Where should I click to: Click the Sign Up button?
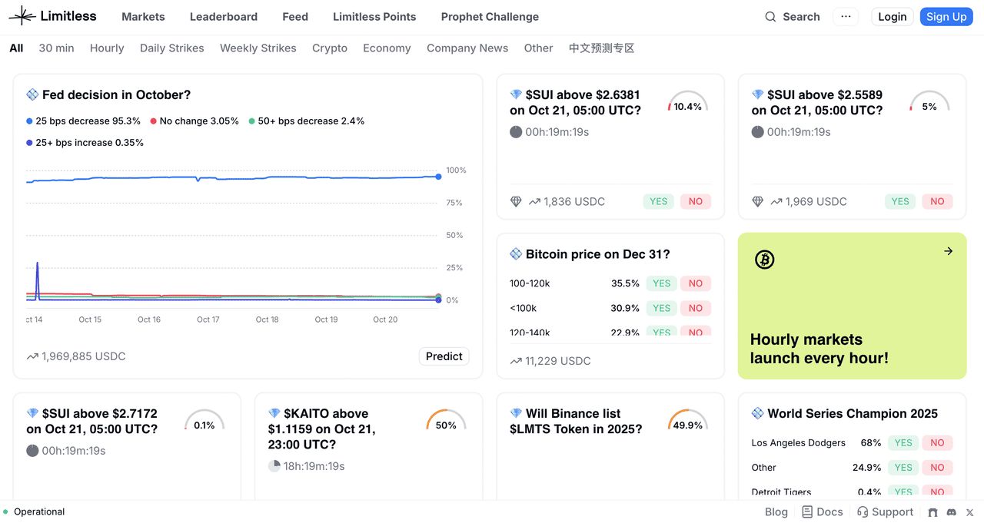946,17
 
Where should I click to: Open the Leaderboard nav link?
224,17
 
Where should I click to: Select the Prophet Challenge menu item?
490,17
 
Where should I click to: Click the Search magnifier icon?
770,17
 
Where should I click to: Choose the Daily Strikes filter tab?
172,48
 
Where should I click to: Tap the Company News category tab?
467,48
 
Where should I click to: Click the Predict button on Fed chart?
444,356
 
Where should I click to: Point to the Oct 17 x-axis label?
208,319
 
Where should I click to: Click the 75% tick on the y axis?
454,203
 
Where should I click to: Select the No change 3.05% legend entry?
194,121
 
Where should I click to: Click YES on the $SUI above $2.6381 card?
658,202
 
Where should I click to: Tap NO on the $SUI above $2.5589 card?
937,202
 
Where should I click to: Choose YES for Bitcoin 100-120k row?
661,283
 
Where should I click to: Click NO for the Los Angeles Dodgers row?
937,443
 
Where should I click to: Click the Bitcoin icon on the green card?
764,260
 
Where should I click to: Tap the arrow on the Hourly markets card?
948,251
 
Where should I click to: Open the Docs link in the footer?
823,512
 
